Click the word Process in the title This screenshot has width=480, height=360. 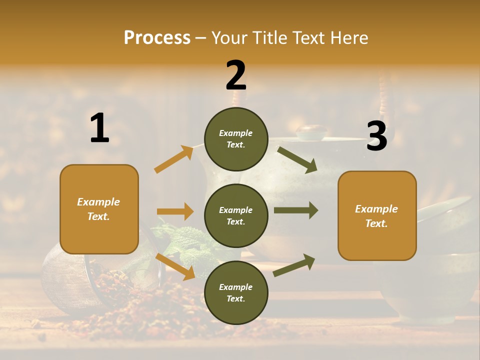pyautogui.click(x=157, y=38)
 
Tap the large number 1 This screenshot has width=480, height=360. pyautogui.click(x=99, y=128)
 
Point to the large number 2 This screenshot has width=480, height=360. pyautogui.click(x=236, y=75)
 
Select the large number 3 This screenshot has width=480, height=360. pyautogui.click(x=376, y=136)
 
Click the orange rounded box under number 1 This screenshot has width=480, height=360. pyautogui.click(x=99, y=209)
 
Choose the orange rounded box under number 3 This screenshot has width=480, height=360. pyautogui.click(x=377, y=215)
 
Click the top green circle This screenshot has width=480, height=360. pyautogui.click(x=236, y=139)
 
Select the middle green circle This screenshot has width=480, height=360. pyautogui.click(x=236, y=215)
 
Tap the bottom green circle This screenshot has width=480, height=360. pyautogui.click(x=236, y=292)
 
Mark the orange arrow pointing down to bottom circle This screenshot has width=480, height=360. pyautogui.click(x=175, y=266)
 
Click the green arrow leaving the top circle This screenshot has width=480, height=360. pyautogui.click(x=297, y=159)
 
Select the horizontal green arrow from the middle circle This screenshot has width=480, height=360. pyautogui.click(x=295, y=210)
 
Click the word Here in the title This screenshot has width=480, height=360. pyautogui.click(x=348, y=38)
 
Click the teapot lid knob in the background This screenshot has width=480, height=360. pyautogui.click(x=311, y=132)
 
